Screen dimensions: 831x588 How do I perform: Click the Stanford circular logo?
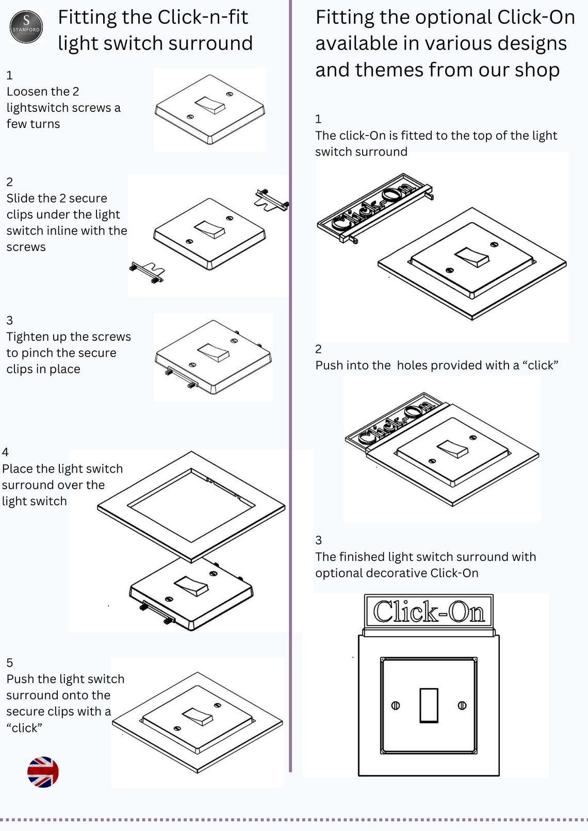tap(26, 27)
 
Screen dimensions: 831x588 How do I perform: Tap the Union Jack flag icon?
tap(43, 772)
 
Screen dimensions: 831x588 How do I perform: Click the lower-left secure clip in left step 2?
tap(148, 272)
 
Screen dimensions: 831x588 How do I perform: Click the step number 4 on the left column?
tap(5, 452)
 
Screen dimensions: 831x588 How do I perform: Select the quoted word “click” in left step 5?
tap(24, 727)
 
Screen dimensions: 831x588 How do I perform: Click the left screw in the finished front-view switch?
tap(396, 706)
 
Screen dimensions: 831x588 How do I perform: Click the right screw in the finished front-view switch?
tap(462, 706)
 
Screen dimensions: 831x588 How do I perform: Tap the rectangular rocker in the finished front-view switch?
tap(429, 705)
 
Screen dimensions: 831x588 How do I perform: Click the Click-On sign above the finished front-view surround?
tap(429, 612)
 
